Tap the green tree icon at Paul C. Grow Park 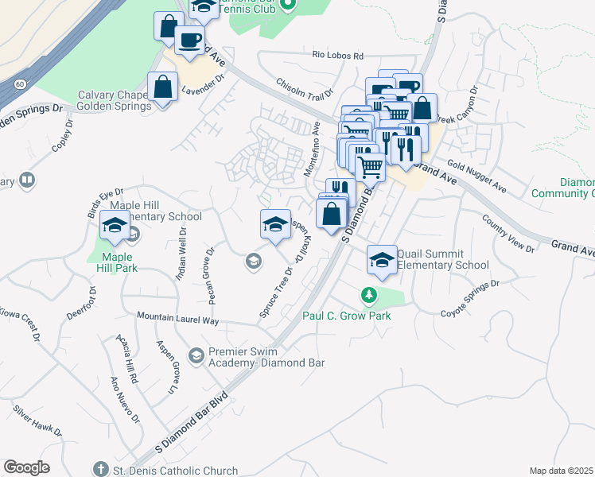tap(369, 296)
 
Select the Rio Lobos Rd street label tap(337, 56)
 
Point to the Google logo tap(26, 467)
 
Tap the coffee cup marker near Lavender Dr tap(189, 41)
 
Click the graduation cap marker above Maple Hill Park tap(115, 227)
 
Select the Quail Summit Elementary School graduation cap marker tap(382, 260)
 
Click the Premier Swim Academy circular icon tap(196, 353)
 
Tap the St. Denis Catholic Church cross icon tap(100, 471)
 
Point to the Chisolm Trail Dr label tap(304, 88)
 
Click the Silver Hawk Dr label tap(37, 419)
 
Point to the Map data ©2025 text tap(561, 470)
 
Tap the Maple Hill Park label tap(113, 262)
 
